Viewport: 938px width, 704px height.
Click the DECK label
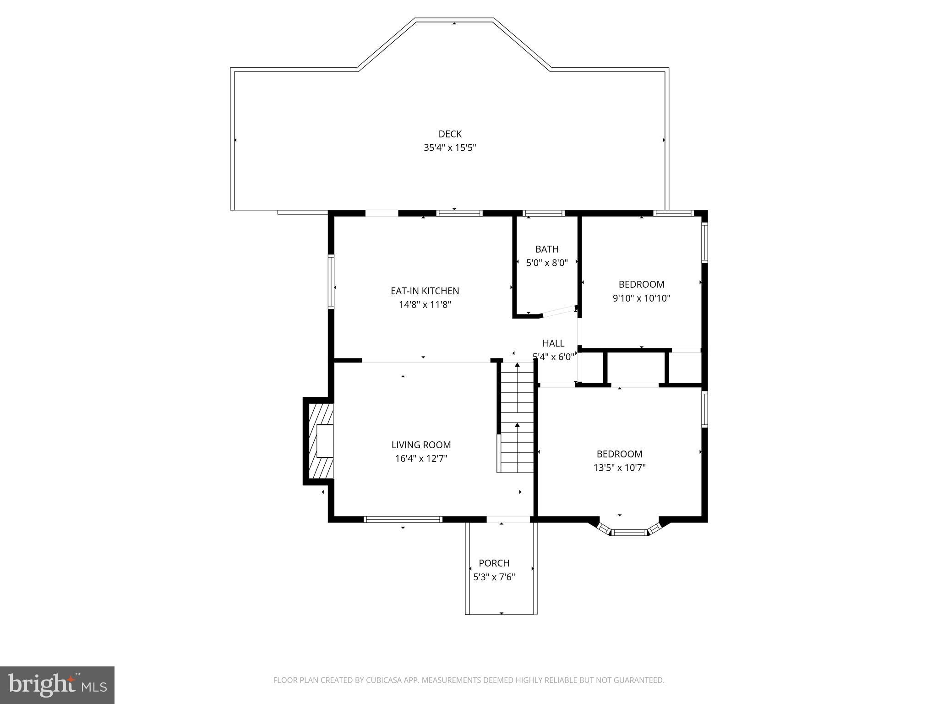pos(450,134)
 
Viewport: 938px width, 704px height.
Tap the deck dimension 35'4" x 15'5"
pos(450,148)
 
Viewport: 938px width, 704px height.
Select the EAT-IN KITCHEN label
pos(425,291)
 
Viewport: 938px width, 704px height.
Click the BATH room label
pos(547,249)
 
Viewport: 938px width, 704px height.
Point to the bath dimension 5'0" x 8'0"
pos(547,263)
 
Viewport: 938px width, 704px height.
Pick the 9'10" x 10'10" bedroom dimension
pos(641,298)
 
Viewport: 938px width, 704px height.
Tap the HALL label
pos(553,343)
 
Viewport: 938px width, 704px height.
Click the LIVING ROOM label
pos(421,445)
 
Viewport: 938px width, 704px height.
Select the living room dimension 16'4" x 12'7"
pos(421,458)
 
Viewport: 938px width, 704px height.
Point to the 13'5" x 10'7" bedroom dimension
pos(619,467)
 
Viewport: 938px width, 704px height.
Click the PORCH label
pos(494,563)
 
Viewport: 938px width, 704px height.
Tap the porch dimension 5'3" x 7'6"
pos(494,577)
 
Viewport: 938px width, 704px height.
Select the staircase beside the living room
pos(517,417)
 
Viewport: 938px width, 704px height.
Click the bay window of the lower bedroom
pos(629,532)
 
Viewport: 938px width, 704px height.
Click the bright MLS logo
pos(57,685)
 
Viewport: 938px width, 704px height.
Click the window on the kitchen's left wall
pos(331,281)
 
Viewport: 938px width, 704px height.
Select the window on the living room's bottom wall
pos(403,519)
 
